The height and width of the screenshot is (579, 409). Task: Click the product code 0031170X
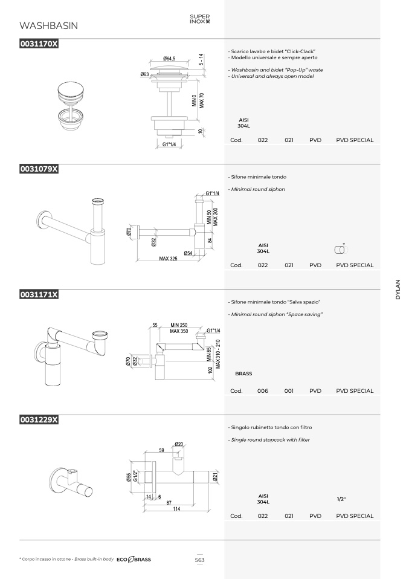click(x=39, y=44)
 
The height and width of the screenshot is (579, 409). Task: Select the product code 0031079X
click(x=39, y=169)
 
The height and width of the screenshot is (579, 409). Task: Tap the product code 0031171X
click(x=39, y=294)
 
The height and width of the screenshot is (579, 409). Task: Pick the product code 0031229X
click(x=39, y=419)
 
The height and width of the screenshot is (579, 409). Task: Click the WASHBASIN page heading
click(x=48, y=25)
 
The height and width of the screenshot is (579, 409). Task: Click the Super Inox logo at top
click(x=200, y=19)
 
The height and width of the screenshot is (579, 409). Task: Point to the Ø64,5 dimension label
click(x=169, y=59)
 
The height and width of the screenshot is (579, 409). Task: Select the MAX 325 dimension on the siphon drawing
click(x=168, y=259)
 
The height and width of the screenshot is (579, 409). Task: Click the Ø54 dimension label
click(x=188, y=253)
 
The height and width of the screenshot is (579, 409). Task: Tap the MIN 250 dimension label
click(x=179, y=325)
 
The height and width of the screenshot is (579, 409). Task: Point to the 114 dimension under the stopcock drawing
click(x=176, y=509)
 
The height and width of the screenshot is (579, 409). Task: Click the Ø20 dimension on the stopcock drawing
click(x=179, y=444)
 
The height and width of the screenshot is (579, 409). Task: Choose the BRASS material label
click(x=243, y=374)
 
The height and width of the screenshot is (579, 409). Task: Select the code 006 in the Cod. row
click(x=262, y=390)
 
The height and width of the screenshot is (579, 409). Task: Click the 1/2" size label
click(x=341, y=499)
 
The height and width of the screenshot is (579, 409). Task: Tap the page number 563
click(x=200, y=560)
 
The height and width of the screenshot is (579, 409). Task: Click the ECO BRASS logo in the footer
click(x=134, y=560)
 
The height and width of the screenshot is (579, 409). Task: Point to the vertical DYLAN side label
click(x=398, y=289)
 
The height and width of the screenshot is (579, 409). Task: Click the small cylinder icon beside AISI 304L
click(x=341, y=249)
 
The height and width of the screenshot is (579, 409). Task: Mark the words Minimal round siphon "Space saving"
click(x=277, y=315)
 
